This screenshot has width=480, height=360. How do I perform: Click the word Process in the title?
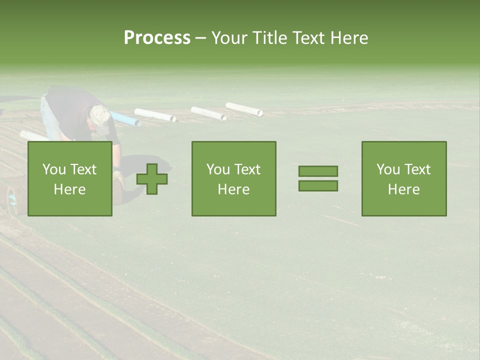pyautogui.click(x=157, y=38)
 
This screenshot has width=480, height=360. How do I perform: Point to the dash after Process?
pyautogui.click(x=200, y=38)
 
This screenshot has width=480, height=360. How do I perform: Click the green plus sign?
pyautogui.click(x=152, y=179)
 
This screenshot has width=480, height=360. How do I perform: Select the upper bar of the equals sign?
pyautogui.click(x=318, y=171)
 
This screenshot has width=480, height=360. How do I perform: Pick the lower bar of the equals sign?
pyautogui.click(x=318, y=186)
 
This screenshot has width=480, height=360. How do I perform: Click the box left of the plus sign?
pyautogui.click(x=70, y=179)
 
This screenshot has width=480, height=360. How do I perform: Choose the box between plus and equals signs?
pyautogui.click(x=234, y=179)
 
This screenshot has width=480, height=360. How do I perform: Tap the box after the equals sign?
pyautogui.click(x=404, y=179)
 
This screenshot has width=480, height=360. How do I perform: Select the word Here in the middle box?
pyautogui.click(x=234, y=189)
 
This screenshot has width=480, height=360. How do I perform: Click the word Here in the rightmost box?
pyautogui.click(x=404, y=189)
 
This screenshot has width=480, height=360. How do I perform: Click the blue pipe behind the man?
pyautogui.click(x=125, y=119)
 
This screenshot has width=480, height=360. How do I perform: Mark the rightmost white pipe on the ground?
pyautogui.click(x=244, y=109)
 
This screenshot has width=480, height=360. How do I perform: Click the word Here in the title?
pyautogui.click(x=349, y=38)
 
